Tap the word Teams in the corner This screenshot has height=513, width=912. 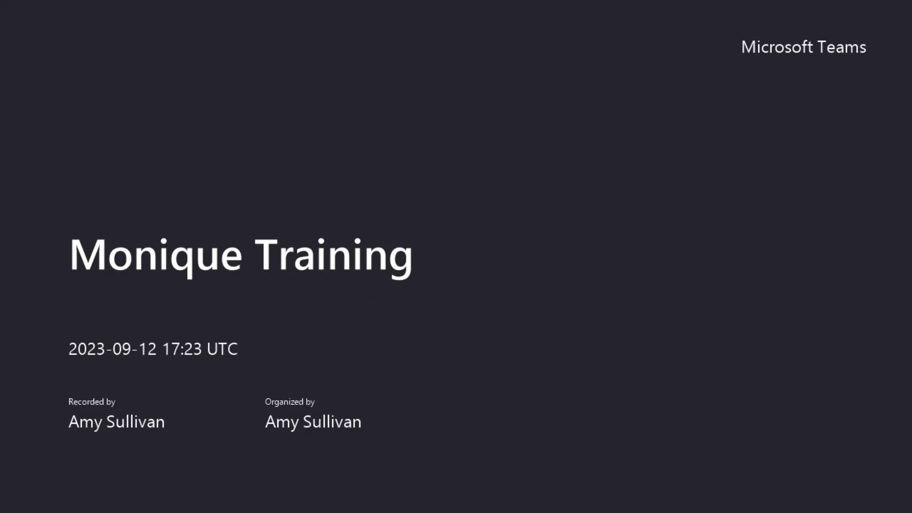point(842,47)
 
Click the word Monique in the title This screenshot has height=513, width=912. point(156,255)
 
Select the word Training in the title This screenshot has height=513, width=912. point(333,255)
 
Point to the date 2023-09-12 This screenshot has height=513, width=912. point(112,349)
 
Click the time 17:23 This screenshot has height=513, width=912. point(182,349)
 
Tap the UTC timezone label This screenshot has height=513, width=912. point(222,349)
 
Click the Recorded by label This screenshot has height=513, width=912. point(92,402)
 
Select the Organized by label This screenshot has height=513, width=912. point(290,402)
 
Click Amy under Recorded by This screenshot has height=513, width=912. point(85,422)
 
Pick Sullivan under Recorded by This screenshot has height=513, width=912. point(135,422)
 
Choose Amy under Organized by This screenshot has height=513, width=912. point(282,422)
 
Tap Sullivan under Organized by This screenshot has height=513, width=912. point(332,422)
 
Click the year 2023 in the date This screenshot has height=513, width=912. point(86,349)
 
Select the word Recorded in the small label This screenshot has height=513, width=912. point(86,402)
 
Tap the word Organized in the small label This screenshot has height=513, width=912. point(284,402)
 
